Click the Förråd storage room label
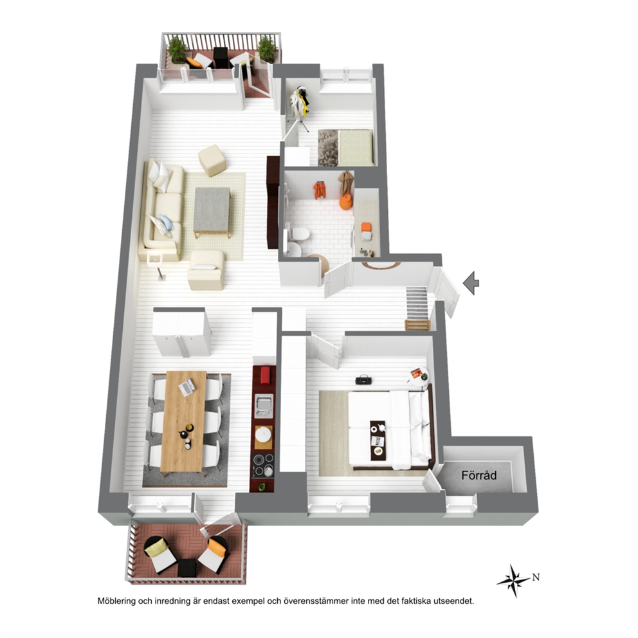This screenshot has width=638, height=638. tap(479, 475)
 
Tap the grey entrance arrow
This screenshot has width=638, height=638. tap(471, 282)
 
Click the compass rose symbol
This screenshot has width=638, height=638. tap(514, 581)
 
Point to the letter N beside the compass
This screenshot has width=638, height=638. tap(536, 577)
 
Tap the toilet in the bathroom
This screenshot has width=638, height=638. tap(300, 234)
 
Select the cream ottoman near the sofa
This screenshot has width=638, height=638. tap(212, 160)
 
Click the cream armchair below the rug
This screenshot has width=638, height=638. tap(206, 270)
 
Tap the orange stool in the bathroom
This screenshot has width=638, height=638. tap(345, 202)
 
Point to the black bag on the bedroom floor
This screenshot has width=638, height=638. tap(363, 380)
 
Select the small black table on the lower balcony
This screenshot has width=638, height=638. tap(187, 568)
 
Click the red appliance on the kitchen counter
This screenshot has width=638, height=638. tap(265, 375)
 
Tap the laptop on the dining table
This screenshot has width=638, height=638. tap(187, 387)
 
